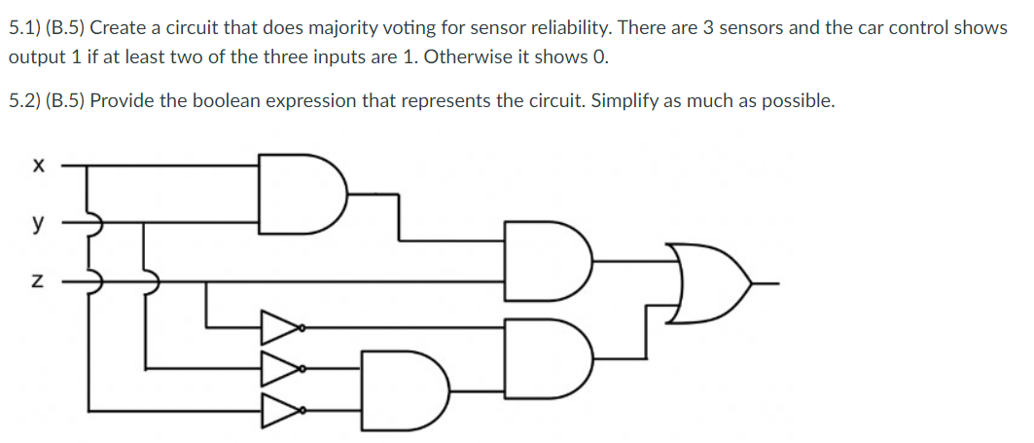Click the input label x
pyautogui.click(x=37, y=167)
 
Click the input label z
pyautogui.click(x=37, y=281)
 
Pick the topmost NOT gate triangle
pyautogui.click(x=280, y=328)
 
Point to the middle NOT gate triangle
pyautogui.click(x=280, y=368)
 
